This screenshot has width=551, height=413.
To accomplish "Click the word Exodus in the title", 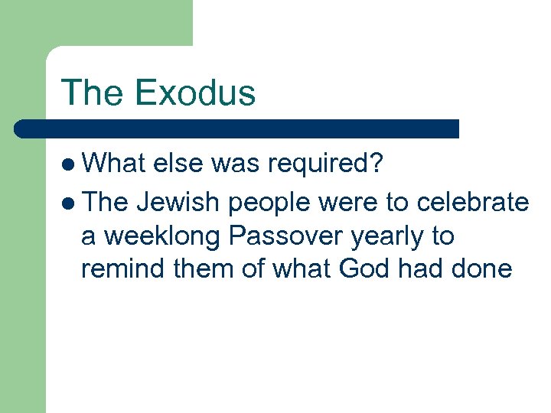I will coord(194,93).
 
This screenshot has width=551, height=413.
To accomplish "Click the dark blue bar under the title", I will coord(237,128).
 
